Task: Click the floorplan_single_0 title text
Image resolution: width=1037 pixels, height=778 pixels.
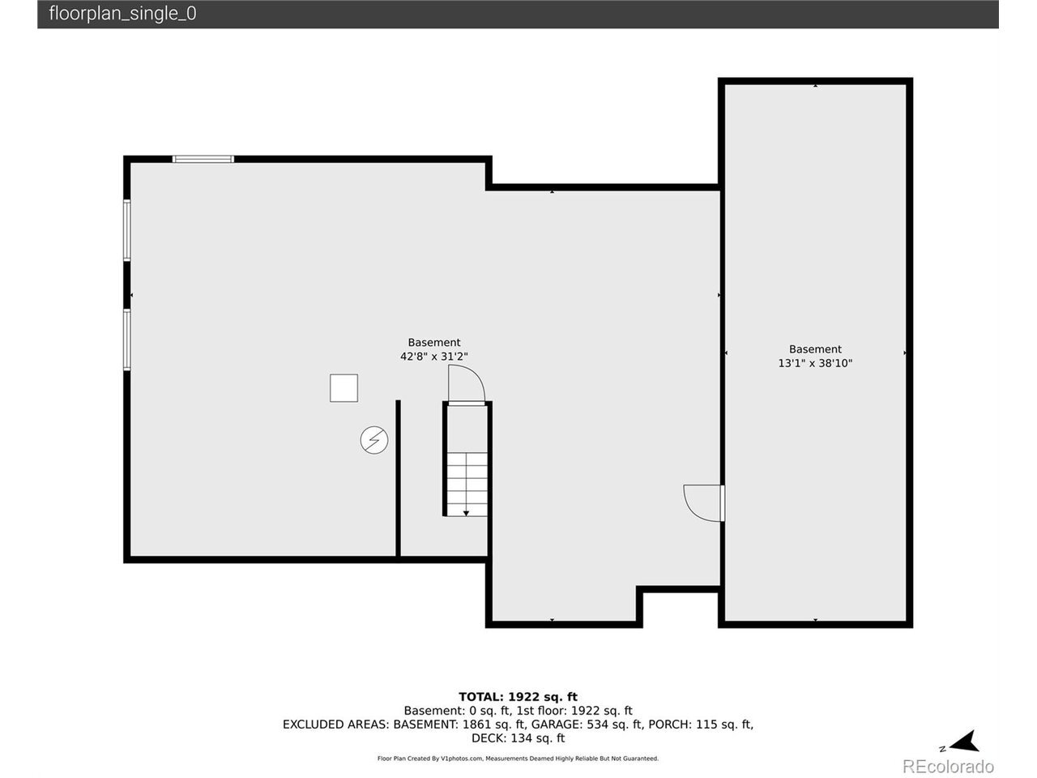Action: click(x=122, y=14)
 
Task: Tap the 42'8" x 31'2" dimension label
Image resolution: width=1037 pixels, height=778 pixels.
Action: click(x=433, y=356)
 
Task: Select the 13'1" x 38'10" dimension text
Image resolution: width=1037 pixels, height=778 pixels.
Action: click(x=815, y=363)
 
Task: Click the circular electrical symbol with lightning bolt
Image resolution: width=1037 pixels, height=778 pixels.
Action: click(x=374, y=440)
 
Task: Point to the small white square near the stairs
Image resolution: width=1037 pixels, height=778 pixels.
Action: click(x=344, y=388)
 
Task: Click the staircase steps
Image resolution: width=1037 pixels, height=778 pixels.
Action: click(x=467, y=484)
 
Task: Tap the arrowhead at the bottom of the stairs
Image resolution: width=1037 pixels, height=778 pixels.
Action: click(x=466, y=513)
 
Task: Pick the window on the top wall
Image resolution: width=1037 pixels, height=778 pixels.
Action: click(x=203, y=159)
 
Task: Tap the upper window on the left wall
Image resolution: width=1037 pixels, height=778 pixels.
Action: click(x=127, y=230)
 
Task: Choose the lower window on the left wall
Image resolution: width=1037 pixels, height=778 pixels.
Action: click(x=127, y=340)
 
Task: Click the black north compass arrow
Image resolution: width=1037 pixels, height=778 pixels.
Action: click(x=964, y=742)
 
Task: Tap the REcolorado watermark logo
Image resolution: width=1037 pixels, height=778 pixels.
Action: click(x=948, y=766)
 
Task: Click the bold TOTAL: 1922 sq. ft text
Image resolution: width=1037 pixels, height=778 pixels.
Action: click(x=518, y=697)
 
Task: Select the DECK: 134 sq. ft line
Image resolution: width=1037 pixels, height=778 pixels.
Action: click(x=518, y=737)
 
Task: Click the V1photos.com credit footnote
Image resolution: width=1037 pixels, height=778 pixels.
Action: click(x=518, y=759)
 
